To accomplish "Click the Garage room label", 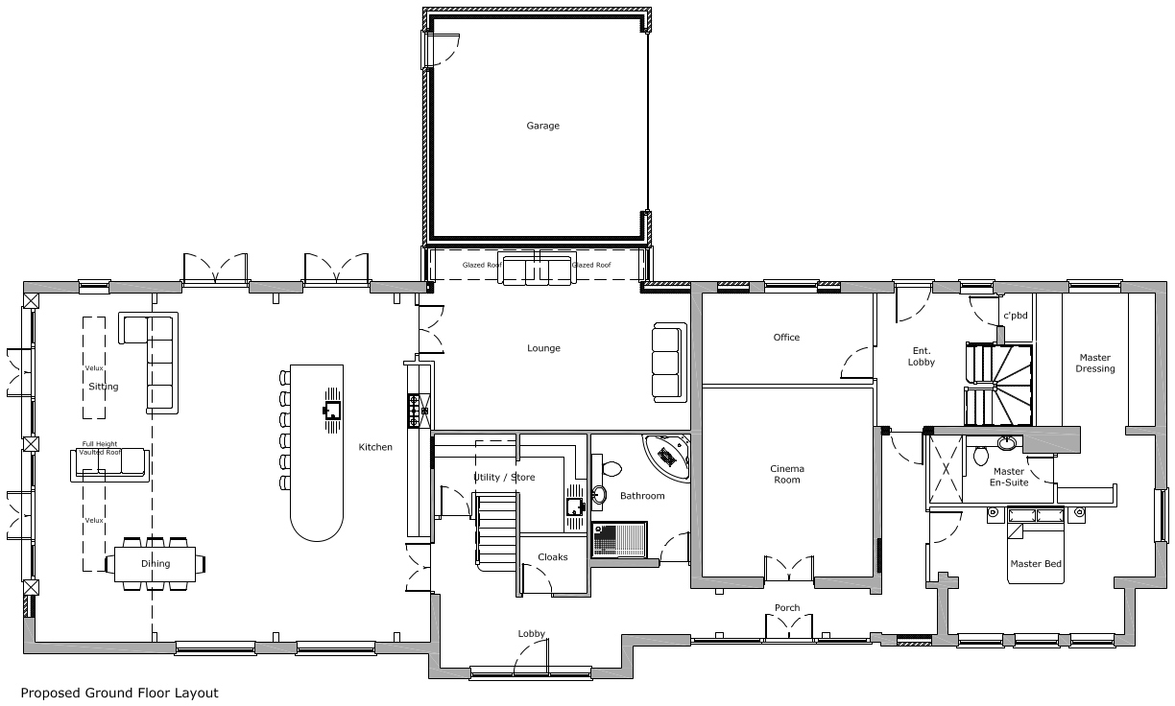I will click(542, 126).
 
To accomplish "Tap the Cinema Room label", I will click(787, 474).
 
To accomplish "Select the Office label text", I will click(786, 338).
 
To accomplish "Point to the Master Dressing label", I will click(1094, 364).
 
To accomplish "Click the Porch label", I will click(787, 608).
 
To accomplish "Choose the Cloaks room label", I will click(552, 557).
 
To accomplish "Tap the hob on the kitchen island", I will click(332, 411).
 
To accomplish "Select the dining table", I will click(159, 563).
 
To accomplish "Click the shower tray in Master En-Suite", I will click(945, 470).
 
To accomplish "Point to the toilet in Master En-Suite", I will click(980, 454).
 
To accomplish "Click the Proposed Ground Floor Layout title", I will click(119, 693).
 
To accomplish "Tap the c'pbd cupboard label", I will click(1016, 316).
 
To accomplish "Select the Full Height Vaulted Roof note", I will click(99, 448).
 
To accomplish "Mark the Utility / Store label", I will click(504, 477).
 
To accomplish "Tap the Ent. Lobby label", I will click(921, 357).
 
